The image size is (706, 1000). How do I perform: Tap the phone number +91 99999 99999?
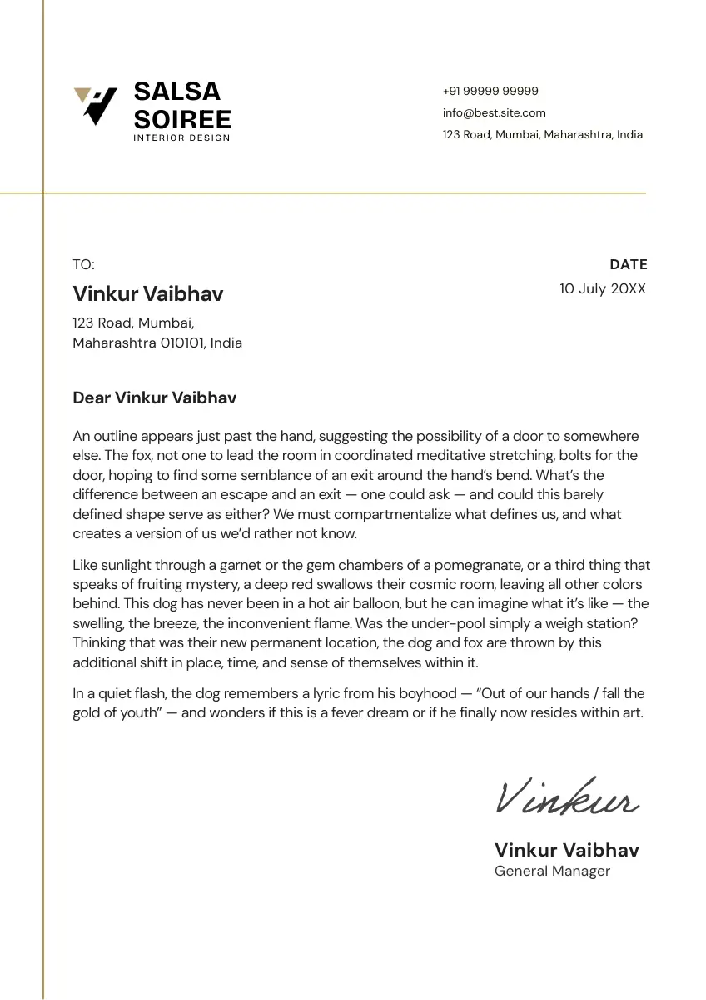point(490,91)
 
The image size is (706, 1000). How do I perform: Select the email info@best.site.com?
point(494,112)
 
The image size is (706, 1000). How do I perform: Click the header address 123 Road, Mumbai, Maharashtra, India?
point(542,134)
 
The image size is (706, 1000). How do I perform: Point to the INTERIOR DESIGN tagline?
point(181,138)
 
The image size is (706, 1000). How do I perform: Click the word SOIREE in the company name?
point(182,119)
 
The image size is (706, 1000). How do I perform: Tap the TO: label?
point(83,264)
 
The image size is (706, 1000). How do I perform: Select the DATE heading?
point(628,264)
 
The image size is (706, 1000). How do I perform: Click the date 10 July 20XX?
point(602,288)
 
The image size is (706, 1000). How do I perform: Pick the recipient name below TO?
point(148,293)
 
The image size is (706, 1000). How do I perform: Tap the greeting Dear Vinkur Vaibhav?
point(155,397)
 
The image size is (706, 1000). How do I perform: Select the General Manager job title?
point(552,871)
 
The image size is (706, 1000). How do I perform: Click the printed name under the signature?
point(567,850)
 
